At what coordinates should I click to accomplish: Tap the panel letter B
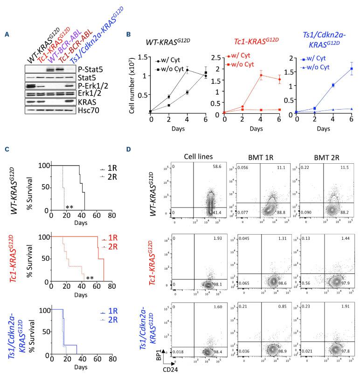[x=122, y=34]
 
